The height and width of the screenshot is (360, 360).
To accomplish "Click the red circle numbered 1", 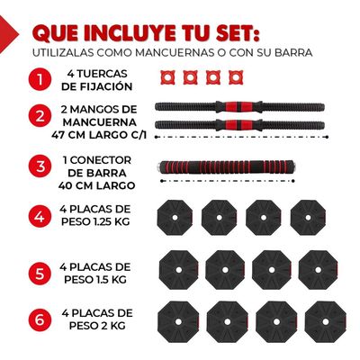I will tap(39, 80).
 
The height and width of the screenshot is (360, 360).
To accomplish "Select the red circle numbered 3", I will tap(39, 166).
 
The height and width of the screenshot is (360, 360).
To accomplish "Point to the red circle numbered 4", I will tap(39, 216).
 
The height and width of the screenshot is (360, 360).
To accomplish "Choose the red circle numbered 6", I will tap(39, 319).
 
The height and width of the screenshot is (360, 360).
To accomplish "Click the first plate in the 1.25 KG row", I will tap(173, 217).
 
